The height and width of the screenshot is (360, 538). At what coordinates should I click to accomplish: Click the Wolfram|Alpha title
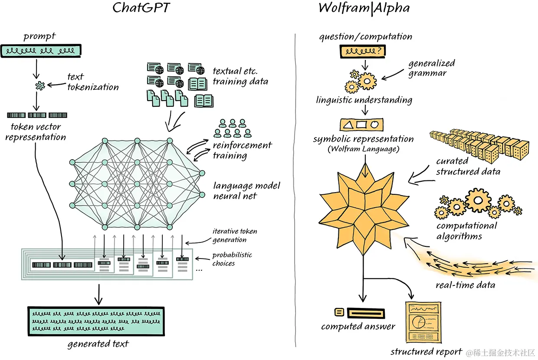tap(364, 8)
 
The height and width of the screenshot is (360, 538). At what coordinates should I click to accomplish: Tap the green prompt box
tap(41, 51)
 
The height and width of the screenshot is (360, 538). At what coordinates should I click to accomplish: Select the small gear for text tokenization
tap(40, 86)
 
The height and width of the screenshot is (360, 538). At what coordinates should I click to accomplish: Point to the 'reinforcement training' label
tap(242, 150)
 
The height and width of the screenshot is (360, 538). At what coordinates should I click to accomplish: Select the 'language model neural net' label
tap(246, 191)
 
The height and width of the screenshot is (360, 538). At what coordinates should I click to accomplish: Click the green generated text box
tap(96, 321)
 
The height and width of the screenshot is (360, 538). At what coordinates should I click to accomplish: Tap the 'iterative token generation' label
tap(234, 236)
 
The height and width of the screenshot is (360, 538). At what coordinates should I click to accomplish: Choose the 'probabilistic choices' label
tap(232, 259)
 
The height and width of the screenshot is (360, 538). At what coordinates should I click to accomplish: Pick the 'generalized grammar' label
tap(431, 68)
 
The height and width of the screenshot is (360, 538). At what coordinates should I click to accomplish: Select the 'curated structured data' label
tap(468, 167)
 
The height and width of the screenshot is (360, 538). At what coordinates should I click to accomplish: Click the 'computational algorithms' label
tap(466, 231)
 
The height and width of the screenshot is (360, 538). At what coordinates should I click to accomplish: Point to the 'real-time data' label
tap(465, 285)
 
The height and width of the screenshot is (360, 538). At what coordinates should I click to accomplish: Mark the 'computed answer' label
tap(358, 327)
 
